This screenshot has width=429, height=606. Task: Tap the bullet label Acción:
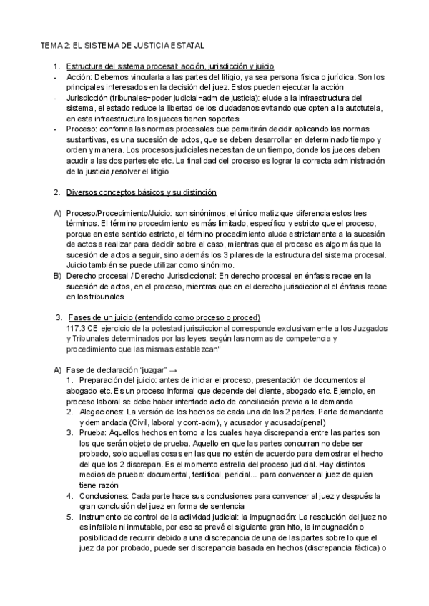(79, 76)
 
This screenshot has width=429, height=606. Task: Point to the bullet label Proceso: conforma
(98, 129)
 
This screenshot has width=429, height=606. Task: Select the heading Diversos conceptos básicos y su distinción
(142, 193)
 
